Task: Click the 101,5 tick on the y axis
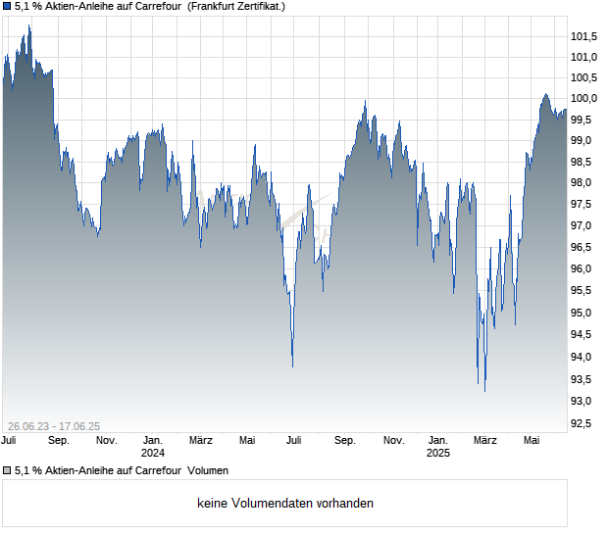584,36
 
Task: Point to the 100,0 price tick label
584,98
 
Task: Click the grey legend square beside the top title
7,7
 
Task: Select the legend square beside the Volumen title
7,470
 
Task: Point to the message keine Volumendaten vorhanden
285,504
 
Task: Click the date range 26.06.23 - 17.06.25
54,426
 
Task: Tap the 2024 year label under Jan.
153,454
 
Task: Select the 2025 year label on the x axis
438,454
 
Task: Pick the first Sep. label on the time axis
58,441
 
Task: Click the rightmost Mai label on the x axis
531,441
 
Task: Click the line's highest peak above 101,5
29,26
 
